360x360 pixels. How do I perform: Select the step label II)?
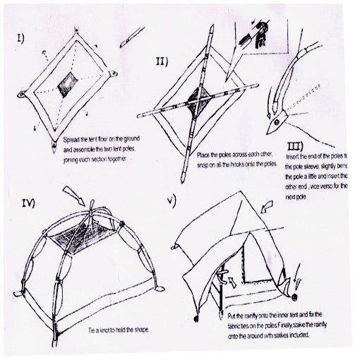[x=162, y=62]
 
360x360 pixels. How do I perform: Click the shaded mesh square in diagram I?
[x=68, y=84]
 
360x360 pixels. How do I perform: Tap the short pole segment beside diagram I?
[x=132, y=36]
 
